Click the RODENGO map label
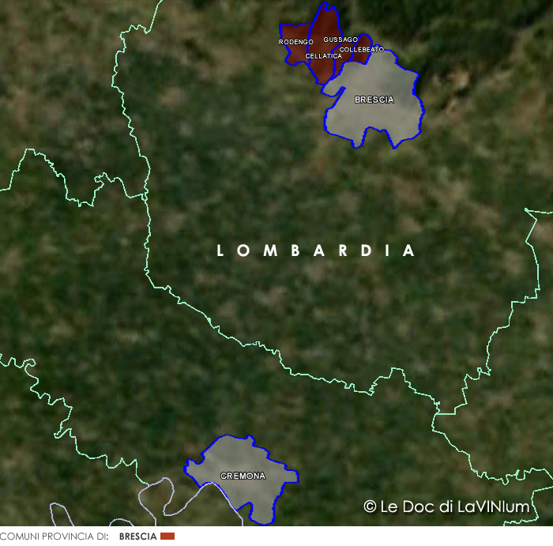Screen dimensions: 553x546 [x=296, y=42]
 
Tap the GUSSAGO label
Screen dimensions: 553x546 [x=340, y=40]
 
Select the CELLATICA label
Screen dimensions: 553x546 [x=324, y=56]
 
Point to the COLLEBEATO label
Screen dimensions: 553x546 [x=361, y=49]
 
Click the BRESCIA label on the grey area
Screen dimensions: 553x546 [x=374, y=100]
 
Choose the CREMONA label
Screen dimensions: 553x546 [x=243, y=476]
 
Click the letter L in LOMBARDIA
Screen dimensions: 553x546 [x=221, y=251]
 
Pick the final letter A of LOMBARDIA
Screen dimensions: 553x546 [x=408, y=251]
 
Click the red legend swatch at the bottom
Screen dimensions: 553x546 [x=167, y=537]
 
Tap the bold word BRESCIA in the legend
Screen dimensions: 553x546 [x=138, y=537]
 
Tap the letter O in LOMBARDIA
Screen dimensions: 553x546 [x=244, y=251]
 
